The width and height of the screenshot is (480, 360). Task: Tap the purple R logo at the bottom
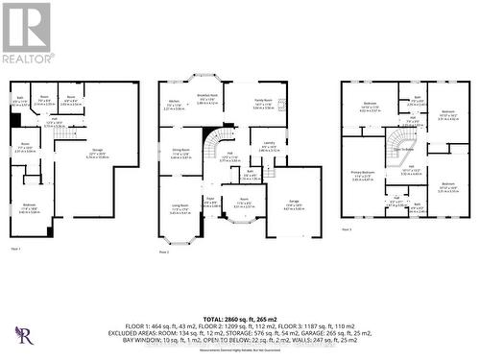pos(23,335)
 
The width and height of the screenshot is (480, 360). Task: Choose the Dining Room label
pos(180,151)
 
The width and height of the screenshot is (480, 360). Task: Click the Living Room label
pos(180,205)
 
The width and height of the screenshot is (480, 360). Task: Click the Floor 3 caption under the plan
pos(346,230)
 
